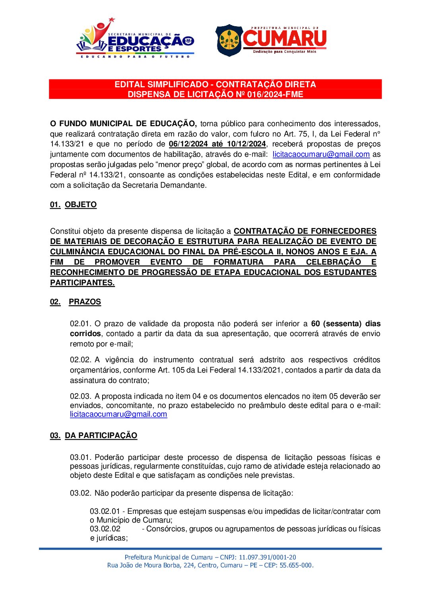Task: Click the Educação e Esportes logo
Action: point(135,38)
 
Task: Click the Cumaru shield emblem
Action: point(229,40)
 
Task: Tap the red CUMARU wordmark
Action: point(285,38)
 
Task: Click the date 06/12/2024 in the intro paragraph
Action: point(188,144)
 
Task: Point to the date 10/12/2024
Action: point(246,144)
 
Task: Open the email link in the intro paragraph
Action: point(321,154)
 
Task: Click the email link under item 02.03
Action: point(118,414)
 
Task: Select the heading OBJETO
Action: point(81,205)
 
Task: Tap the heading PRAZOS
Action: point(85,302)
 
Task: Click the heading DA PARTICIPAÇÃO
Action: point(101,436)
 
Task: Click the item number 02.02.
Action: point(80,360)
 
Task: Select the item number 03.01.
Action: point(80,458)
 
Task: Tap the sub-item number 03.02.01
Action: point(105,511)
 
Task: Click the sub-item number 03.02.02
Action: point(105,529)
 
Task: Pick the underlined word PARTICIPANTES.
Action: point(82,283)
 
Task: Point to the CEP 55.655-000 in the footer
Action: point(296,565)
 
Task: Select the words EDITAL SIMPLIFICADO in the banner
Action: point(161,85)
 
